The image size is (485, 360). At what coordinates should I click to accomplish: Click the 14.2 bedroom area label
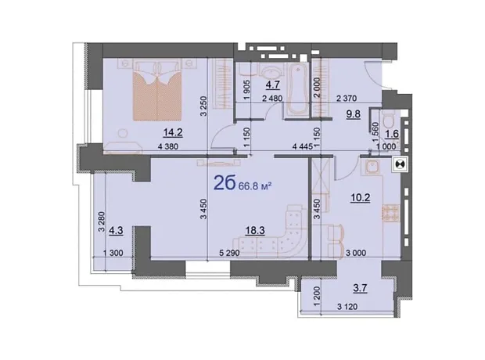tap(173, 133)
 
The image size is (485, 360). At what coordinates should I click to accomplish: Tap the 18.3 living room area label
tap(255, 231)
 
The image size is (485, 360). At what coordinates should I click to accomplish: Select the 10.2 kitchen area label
tap(361, 197)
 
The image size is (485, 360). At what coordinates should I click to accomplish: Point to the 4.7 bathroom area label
tap(274, 84)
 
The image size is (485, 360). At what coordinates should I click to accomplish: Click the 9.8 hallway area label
tap(354, 114)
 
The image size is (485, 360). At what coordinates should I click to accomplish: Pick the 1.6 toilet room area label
tap(392, 135)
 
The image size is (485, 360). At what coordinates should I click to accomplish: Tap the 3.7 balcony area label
tap(360, 288)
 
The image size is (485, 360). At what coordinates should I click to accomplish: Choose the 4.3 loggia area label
tap(116, 231)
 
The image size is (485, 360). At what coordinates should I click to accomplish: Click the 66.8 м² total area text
tap(255, 186)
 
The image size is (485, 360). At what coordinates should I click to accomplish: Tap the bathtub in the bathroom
tap(296, 89)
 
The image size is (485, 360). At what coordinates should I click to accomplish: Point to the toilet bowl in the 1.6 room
tap(388, 120)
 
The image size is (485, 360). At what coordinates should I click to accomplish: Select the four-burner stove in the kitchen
tap(390, 214)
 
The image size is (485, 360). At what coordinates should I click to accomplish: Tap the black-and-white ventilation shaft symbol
tap(401, 164)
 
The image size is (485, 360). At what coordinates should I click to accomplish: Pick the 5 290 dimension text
tap(229, 254)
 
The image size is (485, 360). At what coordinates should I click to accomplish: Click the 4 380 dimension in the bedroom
tap(168, 146)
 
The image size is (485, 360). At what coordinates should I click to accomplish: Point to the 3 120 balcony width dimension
tap(347, 307)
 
